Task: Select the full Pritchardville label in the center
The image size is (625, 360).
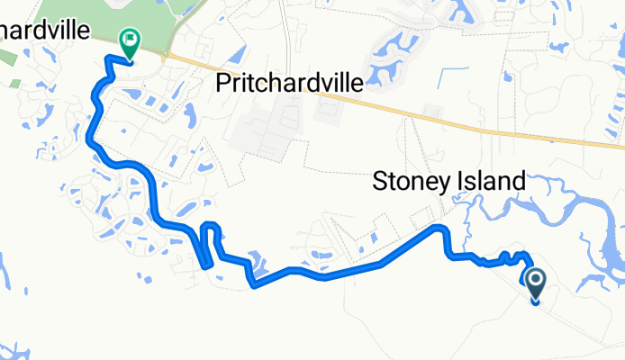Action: (290, 84)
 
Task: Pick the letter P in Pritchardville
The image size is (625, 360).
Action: (225, 84)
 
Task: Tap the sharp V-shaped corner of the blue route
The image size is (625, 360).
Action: (256, 287)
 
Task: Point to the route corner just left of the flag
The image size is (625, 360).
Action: (109, 59)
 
